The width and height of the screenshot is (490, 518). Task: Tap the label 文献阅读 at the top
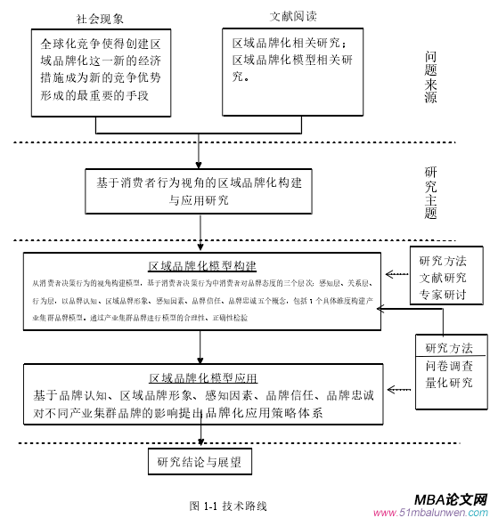pos(293,16)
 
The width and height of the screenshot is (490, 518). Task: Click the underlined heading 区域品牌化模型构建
pos(203,265)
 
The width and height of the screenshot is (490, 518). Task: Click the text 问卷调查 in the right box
pos(449,367)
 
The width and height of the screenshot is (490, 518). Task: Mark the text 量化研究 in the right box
pos(449,384)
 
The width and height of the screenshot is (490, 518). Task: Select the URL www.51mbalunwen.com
pos(430,513)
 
